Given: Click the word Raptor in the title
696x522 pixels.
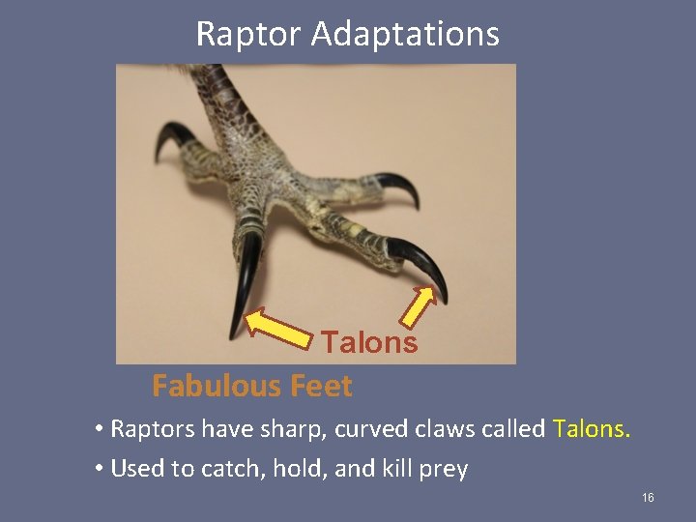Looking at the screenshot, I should pyautogui.click(x=248, y=35).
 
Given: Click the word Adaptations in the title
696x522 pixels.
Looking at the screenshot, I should pyautogui.click(x=405, y=35).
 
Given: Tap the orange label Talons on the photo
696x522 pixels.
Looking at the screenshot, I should pyautogui.click(x=369, y=342).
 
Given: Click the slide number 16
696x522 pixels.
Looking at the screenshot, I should pyautogui.click(x=648, y=497).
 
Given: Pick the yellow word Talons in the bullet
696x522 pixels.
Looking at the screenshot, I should pyautogui.click(x=591, y=428).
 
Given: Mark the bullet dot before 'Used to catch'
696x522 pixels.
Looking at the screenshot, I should pyautogui.click(x=100, y=470).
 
